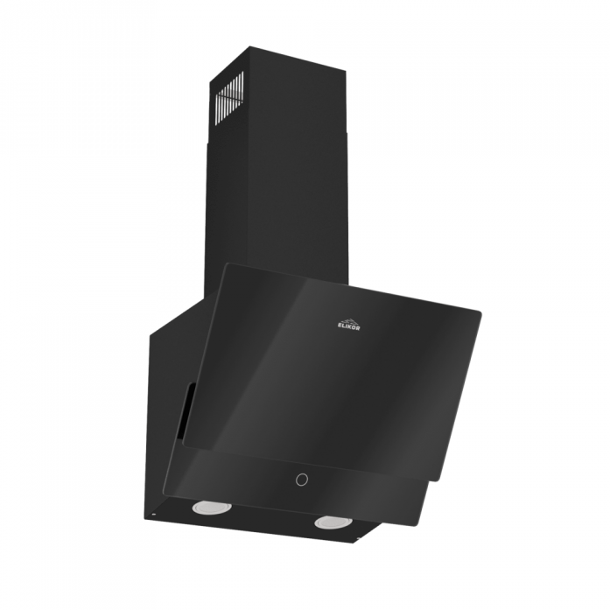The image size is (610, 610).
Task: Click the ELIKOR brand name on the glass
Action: coord(348,327)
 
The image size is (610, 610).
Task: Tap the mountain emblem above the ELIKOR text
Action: coord(348,320)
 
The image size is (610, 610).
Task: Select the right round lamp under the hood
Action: coord(333,522)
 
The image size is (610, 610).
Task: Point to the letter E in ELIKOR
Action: coord(338,326)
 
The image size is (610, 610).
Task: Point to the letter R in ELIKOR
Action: coord(358,329)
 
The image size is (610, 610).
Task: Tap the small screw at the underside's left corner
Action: coord(154,515)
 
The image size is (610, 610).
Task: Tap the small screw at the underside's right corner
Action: coord(358,539)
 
